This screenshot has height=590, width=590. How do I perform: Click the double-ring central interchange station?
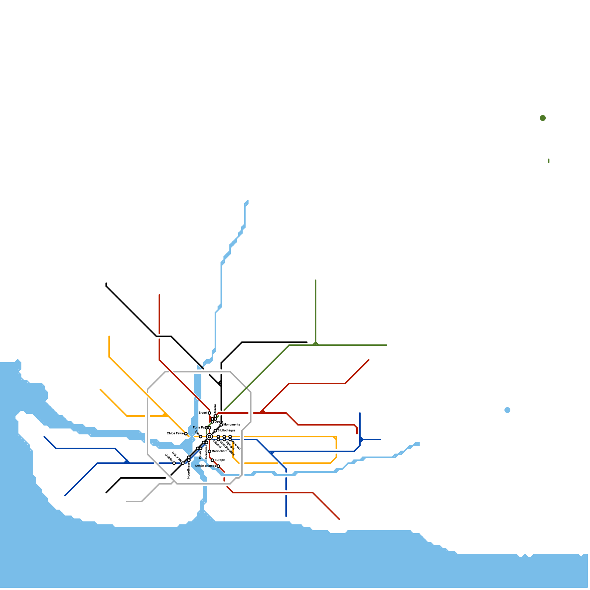209,437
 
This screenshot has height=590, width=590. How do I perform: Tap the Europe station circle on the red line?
212,460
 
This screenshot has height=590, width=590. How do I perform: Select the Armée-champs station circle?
218,466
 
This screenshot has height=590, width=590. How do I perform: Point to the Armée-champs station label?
205,466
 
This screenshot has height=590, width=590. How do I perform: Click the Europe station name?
220,460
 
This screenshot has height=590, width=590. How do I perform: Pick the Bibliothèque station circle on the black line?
215,431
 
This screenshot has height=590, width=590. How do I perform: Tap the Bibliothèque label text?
226,430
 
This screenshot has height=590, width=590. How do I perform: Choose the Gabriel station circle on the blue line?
174,463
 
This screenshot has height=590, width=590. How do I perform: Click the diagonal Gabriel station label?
169,457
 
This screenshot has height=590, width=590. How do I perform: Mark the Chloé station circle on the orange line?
186,434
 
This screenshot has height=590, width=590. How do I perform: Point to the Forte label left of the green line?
199,427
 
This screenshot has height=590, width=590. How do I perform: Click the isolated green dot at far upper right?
543,118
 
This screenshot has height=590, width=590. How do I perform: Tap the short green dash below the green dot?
549,161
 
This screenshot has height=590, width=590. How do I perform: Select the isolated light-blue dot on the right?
507,410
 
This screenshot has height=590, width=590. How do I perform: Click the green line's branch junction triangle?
316,344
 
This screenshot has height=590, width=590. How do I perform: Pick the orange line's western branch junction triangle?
165,414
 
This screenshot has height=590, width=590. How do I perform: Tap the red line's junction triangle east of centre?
262,412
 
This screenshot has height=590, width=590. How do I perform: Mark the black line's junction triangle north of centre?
220,384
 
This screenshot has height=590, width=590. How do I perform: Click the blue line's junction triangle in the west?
126,461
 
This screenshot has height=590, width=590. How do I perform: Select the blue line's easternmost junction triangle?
361,440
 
